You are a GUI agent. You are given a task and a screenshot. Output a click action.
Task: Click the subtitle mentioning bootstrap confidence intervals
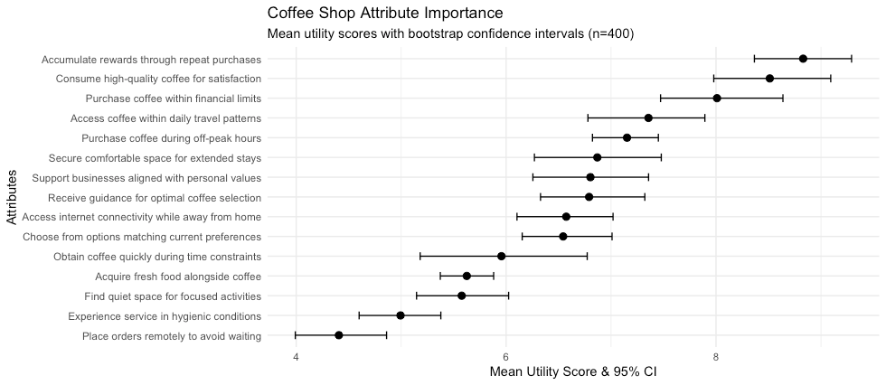tap(450, 34)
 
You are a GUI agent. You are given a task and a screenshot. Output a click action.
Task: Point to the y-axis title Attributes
tap(10, 196)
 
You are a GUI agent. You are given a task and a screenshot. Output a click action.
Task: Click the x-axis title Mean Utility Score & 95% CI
tap(572, 371)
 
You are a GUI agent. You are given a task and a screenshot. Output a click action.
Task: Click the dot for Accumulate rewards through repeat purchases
tap(803, 59)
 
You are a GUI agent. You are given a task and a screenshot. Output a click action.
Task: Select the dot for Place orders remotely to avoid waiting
tap(339, 335)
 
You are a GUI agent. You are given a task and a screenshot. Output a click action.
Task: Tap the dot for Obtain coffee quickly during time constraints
tap(501, 256)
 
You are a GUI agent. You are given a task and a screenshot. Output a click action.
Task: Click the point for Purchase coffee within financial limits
tap(717, 99)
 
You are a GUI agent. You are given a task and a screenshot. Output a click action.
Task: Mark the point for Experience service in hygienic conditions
tap(401, 315)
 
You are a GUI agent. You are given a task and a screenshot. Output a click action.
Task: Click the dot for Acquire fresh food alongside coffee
tap(467, 276)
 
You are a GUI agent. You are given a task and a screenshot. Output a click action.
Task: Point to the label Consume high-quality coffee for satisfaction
tap(158, 79)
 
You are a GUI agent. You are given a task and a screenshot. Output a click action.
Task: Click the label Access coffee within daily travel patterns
tap(165, 118)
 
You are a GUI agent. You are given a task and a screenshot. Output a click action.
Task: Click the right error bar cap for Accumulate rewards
tap(852, 59)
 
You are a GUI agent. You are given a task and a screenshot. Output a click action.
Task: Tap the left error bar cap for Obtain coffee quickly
tap(420, 256)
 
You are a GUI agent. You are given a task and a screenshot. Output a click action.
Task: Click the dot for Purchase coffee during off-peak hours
tap(627, 138)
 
